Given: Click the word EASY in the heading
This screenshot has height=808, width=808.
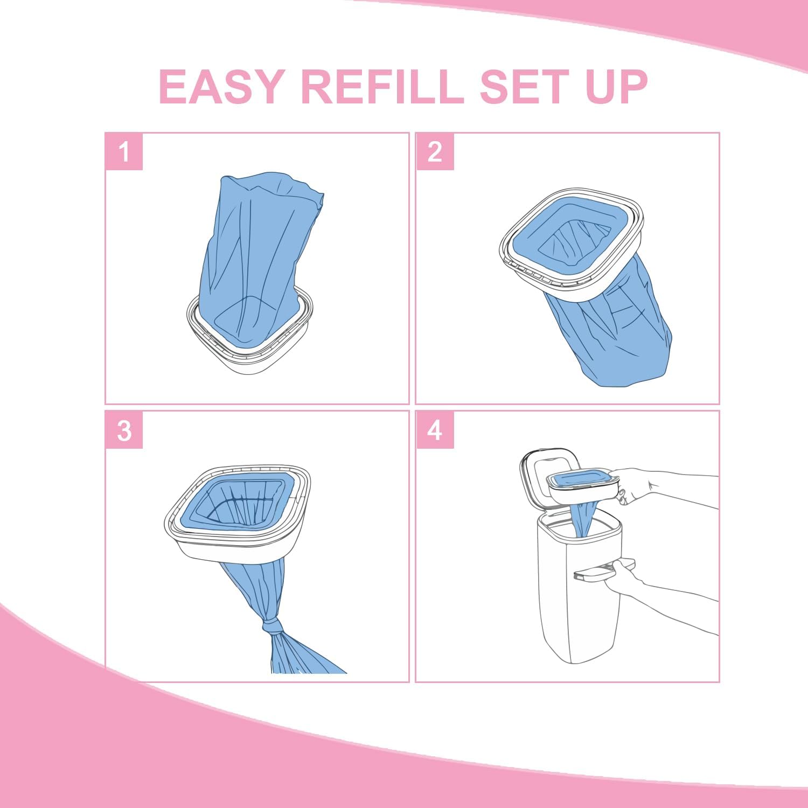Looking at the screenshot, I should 221,87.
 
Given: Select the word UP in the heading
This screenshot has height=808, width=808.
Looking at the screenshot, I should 616,87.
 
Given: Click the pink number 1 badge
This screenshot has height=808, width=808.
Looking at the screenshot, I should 124,152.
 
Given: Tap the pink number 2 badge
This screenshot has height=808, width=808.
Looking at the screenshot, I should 435,152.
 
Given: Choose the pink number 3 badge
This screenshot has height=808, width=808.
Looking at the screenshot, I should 124,430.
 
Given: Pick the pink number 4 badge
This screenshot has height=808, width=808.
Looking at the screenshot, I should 435,430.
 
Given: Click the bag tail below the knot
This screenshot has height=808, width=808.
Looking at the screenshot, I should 302,657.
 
